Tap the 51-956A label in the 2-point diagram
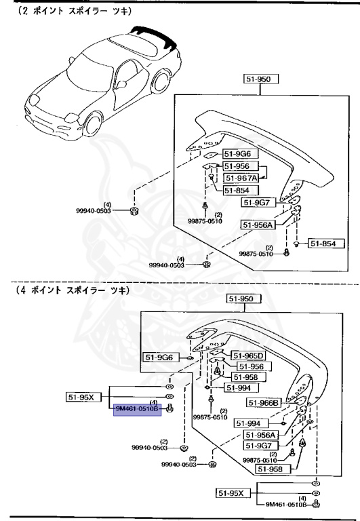coord(257,225)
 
